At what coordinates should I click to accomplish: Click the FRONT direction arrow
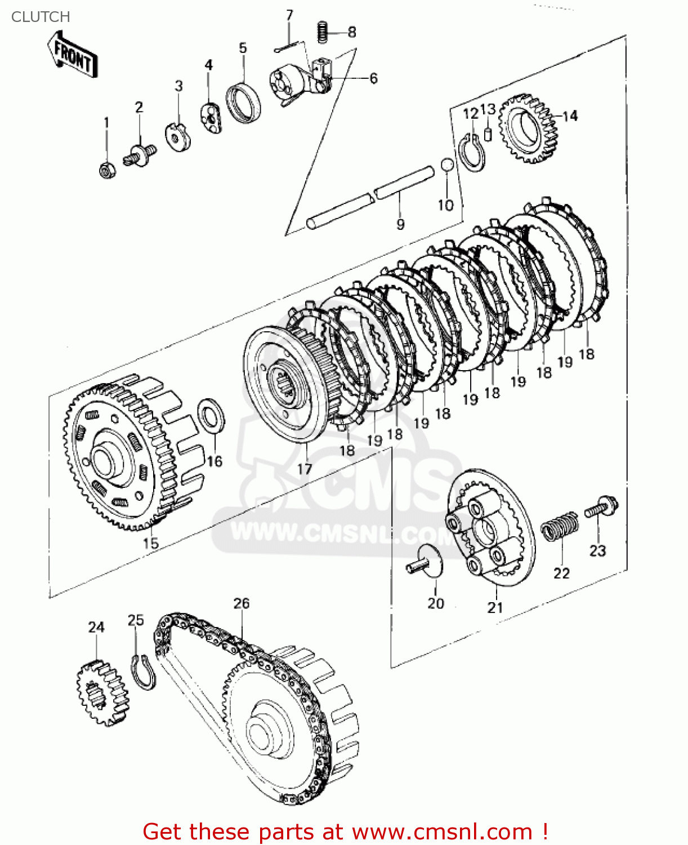point(72,55)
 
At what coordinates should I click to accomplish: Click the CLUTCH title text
point(41,17)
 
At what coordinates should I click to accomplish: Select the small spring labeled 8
point(323,32)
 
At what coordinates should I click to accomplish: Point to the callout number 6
point(373,78)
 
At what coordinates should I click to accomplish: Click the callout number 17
point(305,469)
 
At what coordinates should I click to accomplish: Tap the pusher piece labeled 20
point(426,562)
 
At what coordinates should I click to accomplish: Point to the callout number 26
point(242,603)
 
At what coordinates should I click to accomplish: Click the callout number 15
point(150,544)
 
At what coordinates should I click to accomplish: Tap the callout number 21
point(495,607)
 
